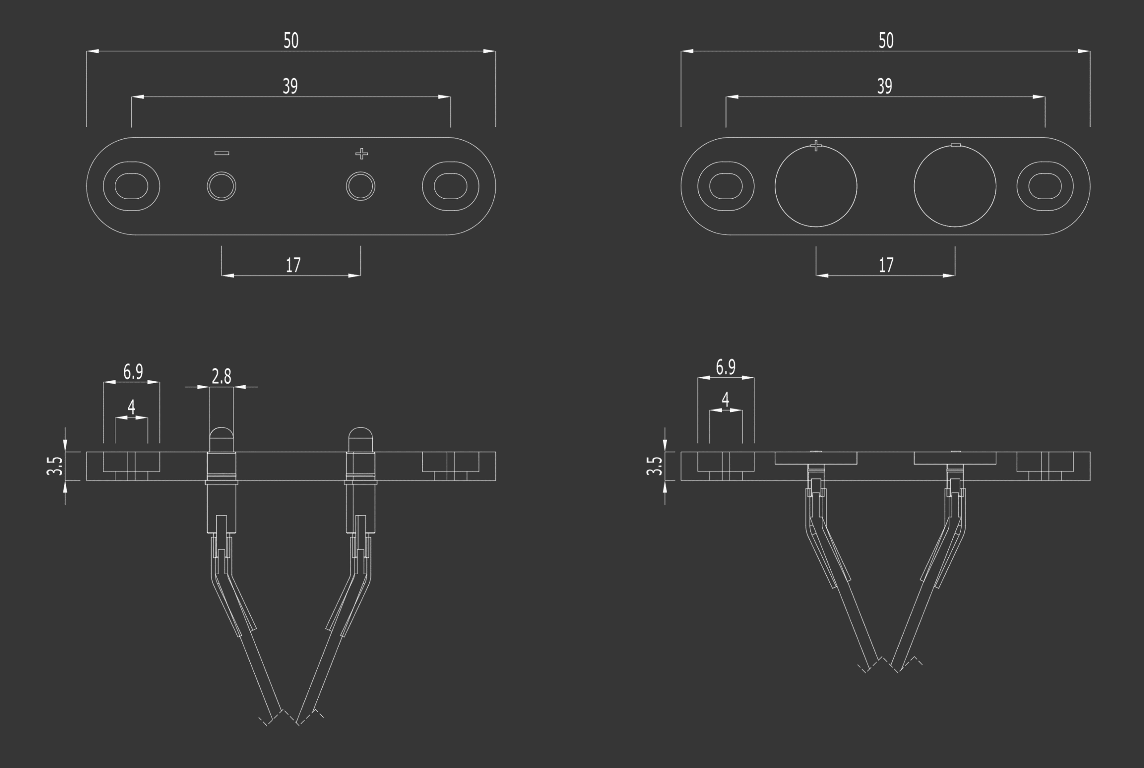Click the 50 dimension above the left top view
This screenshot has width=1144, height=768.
click(290, 41)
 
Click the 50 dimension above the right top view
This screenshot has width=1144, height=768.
click(886, 41)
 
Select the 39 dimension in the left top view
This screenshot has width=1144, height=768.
click(290, 86)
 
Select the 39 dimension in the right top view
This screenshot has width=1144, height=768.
click(885, 86)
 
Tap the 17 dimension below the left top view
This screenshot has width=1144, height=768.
click(293, 265)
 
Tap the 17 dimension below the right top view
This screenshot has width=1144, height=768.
click(886, 265)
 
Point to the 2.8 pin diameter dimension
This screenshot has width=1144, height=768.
click(222, 376)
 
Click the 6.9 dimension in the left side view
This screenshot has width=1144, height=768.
click(133, 371)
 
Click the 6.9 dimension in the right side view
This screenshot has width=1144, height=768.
click(726, 367)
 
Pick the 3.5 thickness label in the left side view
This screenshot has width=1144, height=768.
click(55, 466)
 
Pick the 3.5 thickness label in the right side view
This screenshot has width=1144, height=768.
click(654, 466)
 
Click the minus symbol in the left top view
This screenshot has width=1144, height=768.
click(222, 153)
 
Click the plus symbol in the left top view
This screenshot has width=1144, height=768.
click(361, 154)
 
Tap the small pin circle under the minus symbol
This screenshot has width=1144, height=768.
click(222, 186)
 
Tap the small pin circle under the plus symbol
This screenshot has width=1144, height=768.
click(361, 186)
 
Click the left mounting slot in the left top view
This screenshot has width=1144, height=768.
click(131, 186)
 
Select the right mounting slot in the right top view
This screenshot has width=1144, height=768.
click(1045, 186)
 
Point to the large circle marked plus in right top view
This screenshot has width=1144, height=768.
click(816, 186)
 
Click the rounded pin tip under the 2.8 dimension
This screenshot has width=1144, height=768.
click(222, 433)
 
